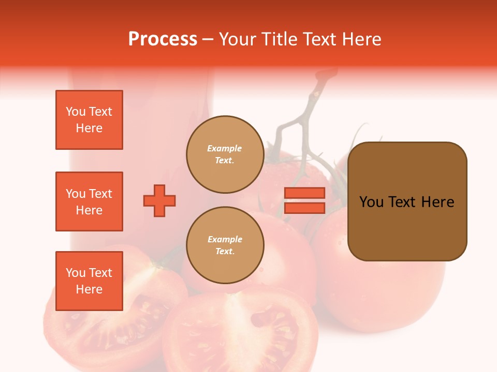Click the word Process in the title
tap(163, 39)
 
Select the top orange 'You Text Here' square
tap(89, 120)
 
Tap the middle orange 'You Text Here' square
tap(89, 202)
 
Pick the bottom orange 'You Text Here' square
tap(89, 281)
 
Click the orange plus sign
tap(159, 200)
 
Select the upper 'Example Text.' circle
tap(225, 154)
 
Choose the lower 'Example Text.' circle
tap(225, 245)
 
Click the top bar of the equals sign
tap(304, 193)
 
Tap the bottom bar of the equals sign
tap(304, 208)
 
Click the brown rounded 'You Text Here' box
tap(407, 202)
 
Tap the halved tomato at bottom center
tap(243, 331)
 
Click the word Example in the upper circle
tap(225, 149)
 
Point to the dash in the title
tap(208, 39)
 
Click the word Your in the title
tap(237, 39)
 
